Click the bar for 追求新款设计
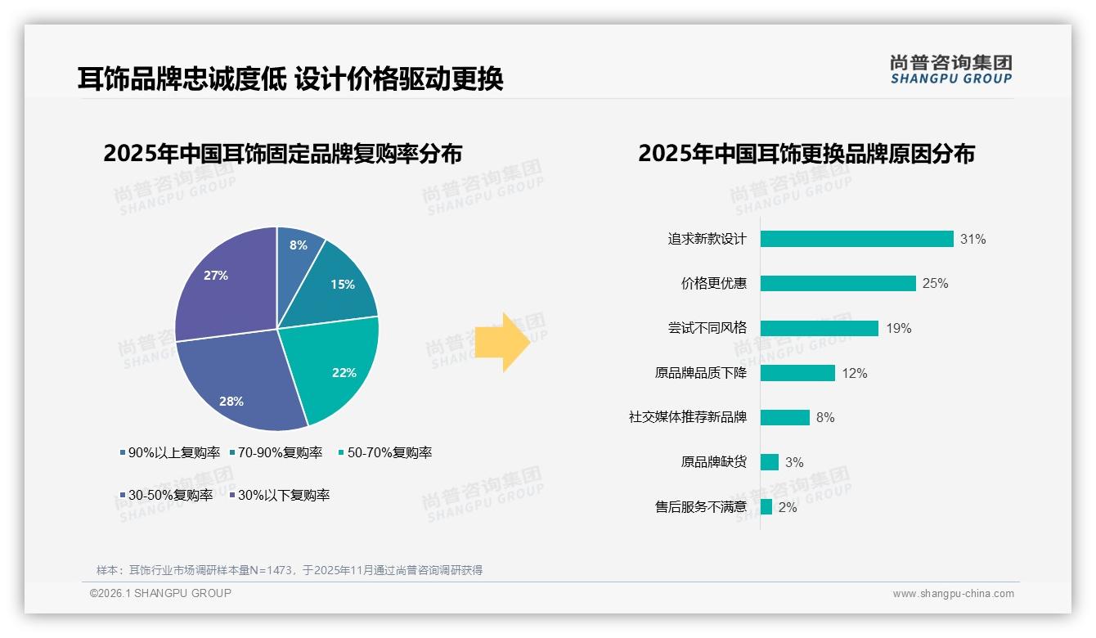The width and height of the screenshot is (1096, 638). coord(856,239)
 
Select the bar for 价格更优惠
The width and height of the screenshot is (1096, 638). coord(838,283)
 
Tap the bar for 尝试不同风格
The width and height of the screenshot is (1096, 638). coord(819,328)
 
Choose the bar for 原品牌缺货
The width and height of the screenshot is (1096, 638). coord(769,462)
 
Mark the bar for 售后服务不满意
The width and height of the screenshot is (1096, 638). coord(766,507)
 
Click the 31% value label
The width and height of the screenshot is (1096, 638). coord(973,239)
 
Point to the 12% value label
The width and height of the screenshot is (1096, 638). coord(855,373)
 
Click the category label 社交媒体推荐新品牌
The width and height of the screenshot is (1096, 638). coord(687,417)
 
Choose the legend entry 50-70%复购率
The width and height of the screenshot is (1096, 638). coord(386,452)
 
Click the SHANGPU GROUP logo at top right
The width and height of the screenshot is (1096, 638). coord(951,70)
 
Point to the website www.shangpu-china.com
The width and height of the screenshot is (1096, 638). coord(953,593)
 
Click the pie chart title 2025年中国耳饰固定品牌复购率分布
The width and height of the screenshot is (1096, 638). coord(282,153)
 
